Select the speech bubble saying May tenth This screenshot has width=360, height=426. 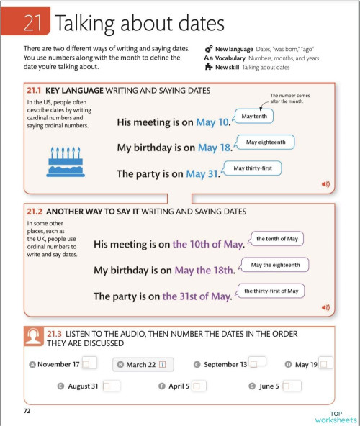click(x=254, y=116)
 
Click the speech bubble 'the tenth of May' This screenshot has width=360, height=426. click(x=276, y=238)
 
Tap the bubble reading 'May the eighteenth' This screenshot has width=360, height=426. click(x=275, y=265)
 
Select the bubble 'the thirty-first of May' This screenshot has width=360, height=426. click(x=271, y=291)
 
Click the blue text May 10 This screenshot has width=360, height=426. click(x=212, y=122)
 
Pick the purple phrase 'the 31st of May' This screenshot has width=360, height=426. click(x=196, y=296)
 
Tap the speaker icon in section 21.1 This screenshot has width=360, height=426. click(x=325, y=184)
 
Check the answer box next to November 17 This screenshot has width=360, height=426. click(x=87, y=364)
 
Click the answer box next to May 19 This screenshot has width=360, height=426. click(x=325, y=364)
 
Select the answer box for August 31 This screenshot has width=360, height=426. click(x=109, y=386)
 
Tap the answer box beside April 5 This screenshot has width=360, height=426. click(x=199, y=386)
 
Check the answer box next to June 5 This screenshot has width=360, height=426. click(x=290, y=386)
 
